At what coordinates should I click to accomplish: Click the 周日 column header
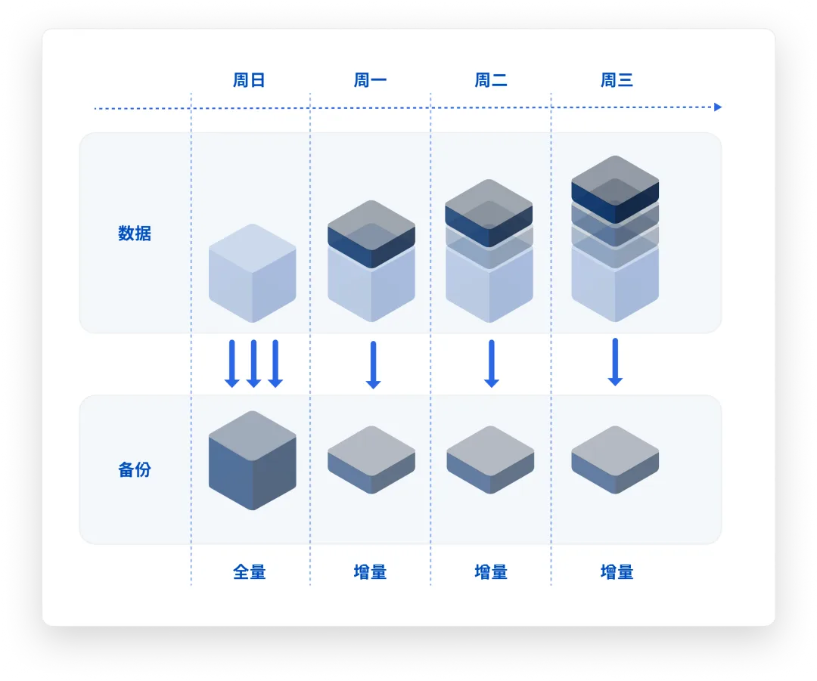(x=249, y=80)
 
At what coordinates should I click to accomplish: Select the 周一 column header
(x=370, y=80)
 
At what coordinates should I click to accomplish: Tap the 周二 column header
(x=491, y=80)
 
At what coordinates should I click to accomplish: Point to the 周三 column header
(x=617, y=80)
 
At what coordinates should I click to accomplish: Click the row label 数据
(x=135, y=234)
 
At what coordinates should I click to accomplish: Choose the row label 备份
(x=135, y=469)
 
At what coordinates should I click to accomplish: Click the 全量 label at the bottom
(x=249, y=572)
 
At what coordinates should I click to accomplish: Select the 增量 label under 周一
(x=370, y=572)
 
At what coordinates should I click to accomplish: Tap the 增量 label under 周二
(x=491, y=572)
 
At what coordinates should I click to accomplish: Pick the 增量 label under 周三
(x=617, y=572)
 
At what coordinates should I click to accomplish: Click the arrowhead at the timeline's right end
(x=718, y=107)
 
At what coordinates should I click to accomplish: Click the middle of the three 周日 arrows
(x=253, y=364)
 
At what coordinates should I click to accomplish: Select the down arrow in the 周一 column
(x=373, y=365)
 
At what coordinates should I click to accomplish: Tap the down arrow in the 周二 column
(x=492, y=364)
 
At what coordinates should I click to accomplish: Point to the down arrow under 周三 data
(x=615, y=362)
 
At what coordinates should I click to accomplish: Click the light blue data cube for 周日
(x=253, y=274)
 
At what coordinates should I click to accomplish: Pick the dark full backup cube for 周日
(x=253, y=460)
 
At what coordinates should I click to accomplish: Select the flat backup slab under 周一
(x=371, y=460)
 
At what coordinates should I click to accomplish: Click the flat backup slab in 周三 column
(x=615, y=460)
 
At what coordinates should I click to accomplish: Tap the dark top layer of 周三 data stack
(x=615, y=190)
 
